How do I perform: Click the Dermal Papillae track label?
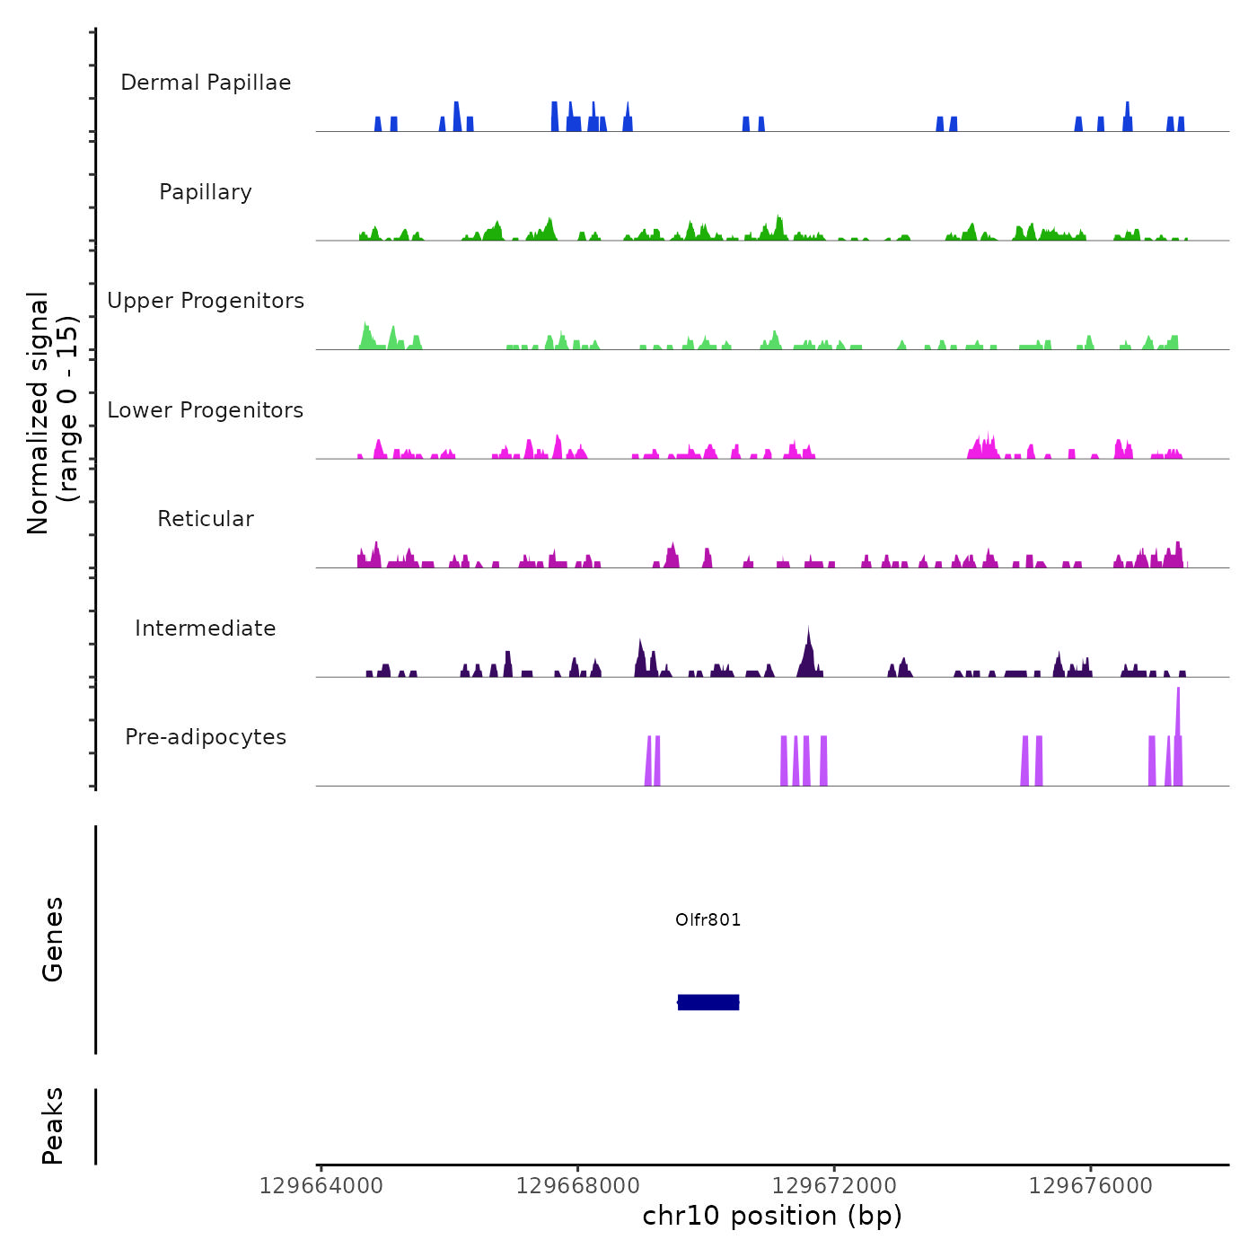(206, 83)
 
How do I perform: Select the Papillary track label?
(206, 192)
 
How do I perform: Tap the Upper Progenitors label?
(206, 301)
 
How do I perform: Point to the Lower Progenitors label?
(206, 410)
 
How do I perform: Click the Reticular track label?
(206, 519)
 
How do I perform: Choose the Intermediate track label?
(206, 628)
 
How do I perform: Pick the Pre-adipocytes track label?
(206, 737)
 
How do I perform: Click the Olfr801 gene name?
(708, 919)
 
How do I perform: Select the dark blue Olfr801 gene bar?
(708, 1002)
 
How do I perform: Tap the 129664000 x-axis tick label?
(321, 1186)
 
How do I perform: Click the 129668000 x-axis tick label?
(577, 1186)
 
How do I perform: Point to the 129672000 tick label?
(834, 1186)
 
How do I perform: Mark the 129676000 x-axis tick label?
(1091, 1186)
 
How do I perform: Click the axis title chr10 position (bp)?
(772, 1216)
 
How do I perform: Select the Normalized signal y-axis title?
(52, 412)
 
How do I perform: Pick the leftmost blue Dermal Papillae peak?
(378, 124)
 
